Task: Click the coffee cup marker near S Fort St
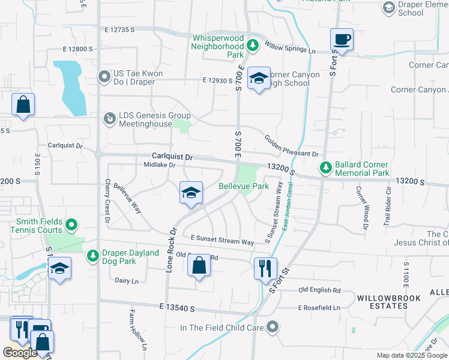click(x=342, y=40)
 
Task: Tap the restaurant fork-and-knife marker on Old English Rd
click(x=265, y=268)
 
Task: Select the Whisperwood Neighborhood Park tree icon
click(x=253, y=45)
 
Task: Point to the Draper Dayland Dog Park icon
click(x=93, y=256)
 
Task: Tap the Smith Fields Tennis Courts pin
click(x=71, y=226)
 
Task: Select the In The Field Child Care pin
click(x=273, y=328)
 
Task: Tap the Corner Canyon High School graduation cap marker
click(x=259, y=78)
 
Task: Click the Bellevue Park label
click(x=243, y=187)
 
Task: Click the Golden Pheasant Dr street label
click(x=291, y=146)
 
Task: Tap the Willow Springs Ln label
click(x=290, y=47)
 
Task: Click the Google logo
click(x=19, y=353)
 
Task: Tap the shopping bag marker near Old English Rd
click(x=199, y=265)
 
